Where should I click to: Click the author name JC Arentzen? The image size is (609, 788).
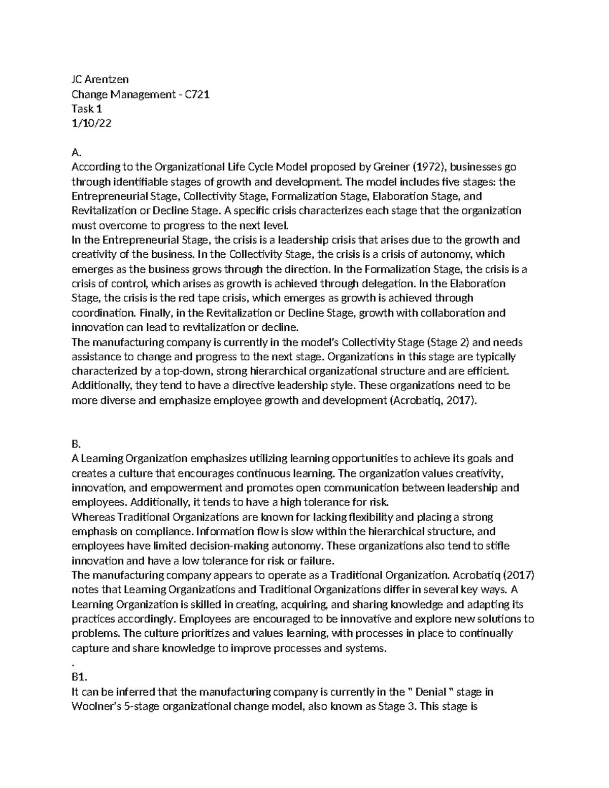99,79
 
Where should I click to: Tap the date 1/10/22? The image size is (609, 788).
91,123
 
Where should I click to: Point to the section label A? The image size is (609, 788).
76,152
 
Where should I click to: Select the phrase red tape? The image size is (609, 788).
191,298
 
